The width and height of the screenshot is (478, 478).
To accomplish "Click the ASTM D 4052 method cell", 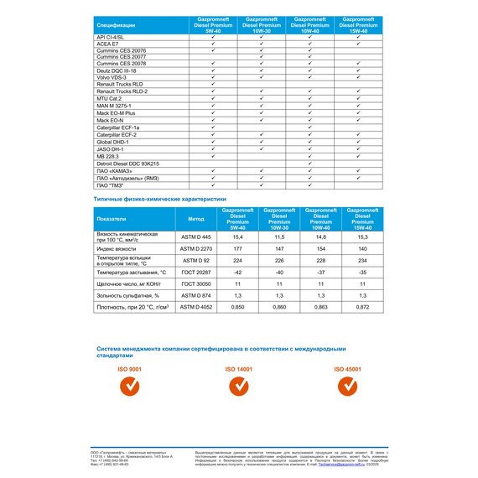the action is [192, 308].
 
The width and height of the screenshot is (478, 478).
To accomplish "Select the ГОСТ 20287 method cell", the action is [192, 272].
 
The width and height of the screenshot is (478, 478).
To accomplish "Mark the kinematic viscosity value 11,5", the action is [270, 238].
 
